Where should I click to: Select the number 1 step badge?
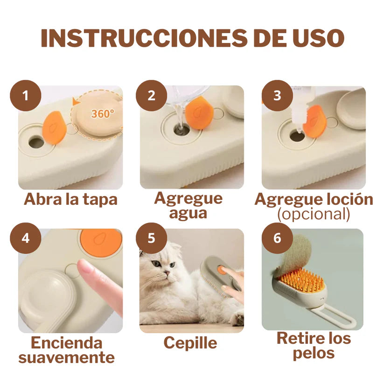(25, 96)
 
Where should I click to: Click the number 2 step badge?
(151, 96)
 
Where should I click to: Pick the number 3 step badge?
(277, 96)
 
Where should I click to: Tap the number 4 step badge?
(25, 238)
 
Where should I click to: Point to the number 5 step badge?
(151, 238)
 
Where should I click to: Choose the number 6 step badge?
(277, 238)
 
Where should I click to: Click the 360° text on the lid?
(102, 114)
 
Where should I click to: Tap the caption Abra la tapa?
(70, 199)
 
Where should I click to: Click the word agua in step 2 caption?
(188, 214)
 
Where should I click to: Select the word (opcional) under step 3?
(314, 214)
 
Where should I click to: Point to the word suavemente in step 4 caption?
(66, 357)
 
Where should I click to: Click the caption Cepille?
(190, 343)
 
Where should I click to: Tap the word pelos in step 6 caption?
(314, 353)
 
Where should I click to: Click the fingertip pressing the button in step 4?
(86, 269)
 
